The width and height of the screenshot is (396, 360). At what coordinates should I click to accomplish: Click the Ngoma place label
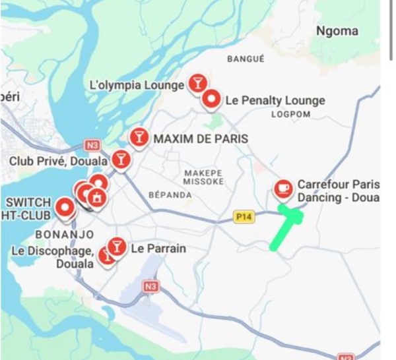(337, 31)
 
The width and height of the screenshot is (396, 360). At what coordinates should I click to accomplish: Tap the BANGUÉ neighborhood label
(246, 59)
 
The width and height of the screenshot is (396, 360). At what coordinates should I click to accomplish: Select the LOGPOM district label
(290, 114)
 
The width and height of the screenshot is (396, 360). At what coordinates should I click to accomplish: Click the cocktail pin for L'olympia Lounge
(197, 82)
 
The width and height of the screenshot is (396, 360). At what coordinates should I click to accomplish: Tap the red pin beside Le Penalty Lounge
(211, 99)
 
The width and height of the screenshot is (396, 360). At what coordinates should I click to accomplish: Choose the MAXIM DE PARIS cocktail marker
(139, 136)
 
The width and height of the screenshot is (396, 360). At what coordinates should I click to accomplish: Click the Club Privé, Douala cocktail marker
(121, 158)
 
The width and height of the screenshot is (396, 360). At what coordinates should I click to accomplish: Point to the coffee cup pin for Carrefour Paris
(283, 189)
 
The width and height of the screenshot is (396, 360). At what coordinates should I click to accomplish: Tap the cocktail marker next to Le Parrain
(117, 247)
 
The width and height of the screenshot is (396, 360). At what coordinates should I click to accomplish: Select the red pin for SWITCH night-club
(65, 208)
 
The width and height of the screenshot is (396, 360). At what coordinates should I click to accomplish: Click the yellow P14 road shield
(244, 217)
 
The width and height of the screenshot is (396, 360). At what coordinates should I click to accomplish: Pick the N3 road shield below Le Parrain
(151, 286)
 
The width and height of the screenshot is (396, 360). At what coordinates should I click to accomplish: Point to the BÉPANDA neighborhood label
(170, 195)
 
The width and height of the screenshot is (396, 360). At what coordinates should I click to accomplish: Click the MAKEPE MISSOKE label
(203, 177)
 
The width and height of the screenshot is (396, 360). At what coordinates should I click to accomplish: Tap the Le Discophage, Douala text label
(53, 257)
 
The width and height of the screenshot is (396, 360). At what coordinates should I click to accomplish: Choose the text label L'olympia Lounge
(137, 85)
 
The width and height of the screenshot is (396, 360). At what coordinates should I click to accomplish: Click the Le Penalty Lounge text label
(275, 101)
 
